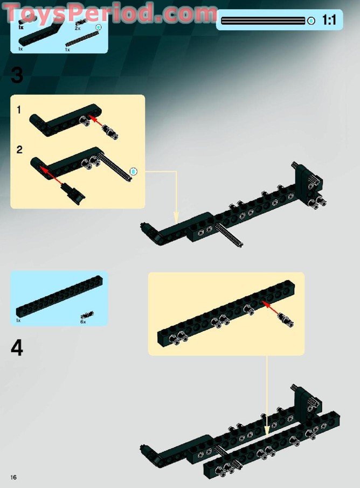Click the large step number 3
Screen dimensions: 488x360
point(17,74)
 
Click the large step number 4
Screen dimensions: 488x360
point(17,348)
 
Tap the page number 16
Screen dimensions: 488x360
point(13,477)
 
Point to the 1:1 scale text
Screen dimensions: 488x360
point(329,21)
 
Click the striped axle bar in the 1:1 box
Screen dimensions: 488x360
point(263,21)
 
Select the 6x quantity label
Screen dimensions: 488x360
point(84,321)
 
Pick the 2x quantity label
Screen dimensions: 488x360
point(78,27)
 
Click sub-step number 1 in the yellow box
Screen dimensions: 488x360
point(19,110)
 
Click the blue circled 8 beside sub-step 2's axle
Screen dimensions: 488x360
point(135,171)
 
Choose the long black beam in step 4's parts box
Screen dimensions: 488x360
point(59,296)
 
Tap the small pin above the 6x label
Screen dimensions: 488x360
point(87,314)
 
